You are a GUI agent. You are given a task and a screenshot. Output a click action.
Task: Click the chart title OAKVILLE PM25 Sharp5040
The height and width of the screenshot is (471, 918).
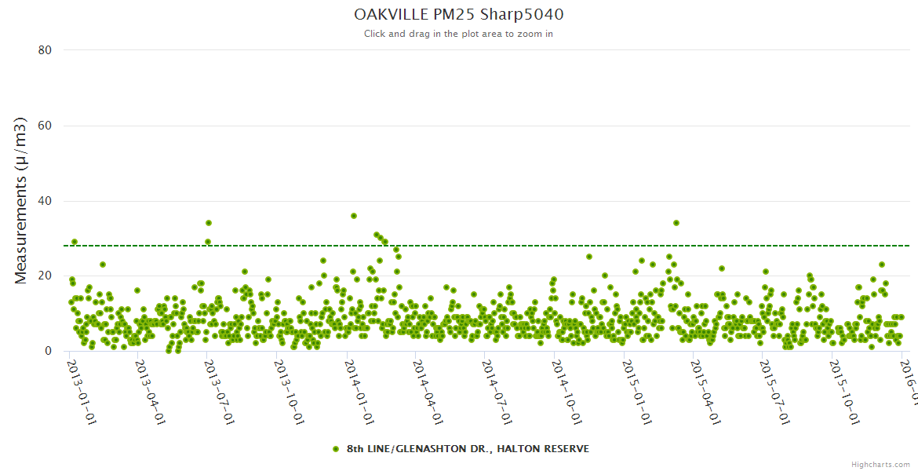point(458,14)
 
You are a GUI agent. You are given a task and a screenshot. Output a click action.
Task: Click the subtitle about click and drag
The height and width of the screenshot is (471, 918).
point(458,34)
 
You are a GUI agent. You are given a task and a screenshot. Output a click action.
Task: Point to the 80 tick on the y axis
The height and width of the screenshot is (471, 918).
point(45,50)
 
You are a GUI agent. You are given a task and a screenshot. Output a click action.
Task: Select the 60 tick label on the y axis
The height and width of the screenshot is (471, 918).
point(45,126)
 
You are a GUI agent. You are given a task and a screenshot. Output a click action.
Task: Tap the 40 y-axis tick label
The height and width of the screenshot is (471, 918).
point(45,201)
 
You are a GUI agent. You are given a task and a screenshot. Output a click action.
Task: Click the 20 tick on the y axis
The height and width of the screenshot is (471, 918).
point(45,276)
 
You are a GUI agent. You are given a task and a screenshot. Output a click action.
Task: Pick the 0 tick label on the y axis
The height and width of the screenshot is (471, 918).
point(48,351)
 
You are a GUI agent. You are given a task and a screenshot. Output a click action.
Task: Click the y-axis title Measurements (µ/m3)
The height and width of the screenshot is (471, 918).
point(21,200)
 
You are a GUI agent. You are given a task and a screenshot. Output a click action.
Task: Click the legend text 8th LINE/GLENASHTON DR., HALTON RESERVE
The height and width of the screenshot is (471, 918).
point(468,449)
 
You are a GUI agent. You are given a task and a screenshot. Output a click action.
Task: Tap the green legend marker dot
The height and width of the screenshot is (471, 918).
point(336,449)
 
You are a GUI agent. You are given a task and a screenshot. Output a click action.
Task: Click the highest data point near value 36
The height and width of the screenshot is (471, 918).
point(354,216)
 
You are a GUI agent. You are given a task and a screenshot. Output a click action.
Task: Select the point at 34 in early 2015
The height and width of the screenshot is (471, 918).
point(676,223)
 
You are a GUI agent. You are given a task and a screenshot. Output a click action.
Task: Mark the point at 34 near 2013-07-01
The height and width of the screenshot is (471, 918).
point(209,223)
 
